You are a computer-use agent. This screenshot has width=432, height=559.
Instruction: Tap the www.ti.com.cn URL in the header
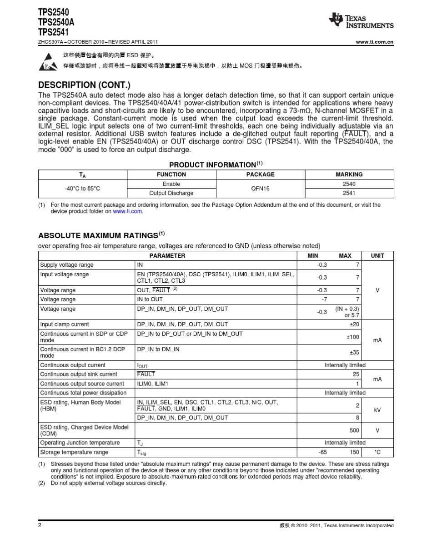click(374, 42)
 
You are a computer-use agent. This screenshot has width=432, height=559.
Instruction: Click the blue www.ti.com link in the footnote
click(127, 211)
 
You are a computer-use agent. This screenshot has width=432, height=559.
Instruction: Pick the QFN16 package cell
click(260, 189)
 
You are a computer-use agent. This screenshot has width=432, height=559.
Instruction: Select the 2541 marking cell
click(349, 193)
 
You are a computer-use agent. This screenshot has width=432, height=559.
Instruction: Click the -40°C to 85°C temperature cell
click(82, 189)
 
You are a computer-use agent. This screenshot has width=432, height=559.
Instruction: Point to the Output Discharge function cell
click(171, 193)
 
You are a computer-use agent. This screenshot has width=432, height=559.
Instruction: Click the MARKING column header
click(349, 175)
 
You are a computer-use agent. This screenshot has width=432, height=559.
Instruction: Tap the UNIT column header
click(377, 256)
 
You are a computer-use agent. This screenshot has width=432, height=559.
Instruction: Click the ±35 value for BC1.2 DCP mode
click(354, 352)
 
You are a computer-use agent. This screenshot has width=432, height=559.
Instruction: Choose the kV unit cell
click(377, 410)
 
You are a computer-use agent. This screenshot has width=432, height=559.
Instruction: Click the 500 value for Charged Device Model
click(354, 430)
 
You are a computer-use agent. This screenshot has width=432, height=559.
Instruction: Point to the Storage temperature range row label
click(74, 452)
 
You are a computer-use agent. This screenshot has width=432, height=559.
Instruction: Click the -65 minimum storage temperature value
click(322, 452)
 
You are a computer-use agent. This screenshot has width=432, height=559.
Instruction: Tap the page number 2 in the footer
click(40, 525)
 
